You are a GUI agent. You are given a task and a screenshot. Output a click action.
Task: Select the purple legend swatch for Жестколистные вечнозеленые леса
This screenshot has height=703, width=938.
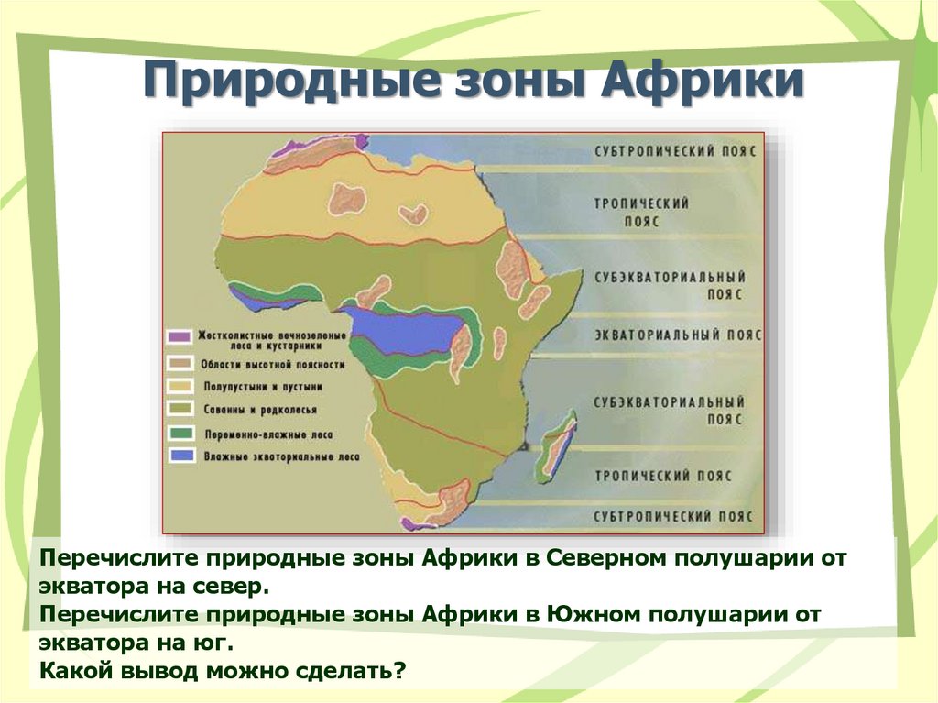179,336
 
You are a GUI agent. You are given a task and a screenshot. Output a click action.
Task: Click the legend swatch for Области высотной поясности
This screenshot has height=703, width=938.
179,363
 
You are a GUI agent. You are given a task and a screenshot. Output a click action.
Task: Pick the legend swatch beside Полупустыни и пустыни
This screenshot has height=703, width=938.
180,386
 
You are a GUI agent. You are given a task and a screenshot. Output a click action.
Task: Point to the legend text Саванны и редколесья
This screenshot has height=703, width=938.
259,411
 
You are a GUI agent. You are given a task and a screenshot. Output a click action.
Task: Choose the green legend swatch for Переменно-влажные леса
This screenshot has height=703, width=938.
181,433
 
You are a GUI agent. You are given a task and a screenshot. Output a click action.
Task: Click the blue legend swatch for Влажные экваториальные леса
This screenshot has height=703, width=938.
182,456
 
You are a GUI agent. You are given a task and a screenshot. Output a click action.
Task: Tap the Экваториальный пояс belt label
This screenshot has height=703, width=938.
678,335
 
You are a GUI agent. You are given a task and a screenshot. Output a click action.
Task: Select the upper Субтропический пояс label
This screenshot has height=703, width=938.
675,150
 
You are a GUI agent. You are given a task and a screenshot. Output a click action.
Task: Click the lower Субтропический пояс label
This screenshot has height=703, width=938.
673,516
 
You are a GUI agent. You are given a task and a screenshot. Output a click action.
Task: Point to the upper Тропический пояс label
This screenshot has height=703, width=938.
641,212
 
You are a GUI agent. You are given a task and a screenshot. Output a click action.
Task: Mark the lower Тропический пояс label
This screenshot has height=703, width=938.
663,476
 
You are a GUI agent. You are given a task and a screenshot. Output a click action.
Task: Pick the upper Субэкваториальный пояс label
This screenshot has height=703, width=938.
670,286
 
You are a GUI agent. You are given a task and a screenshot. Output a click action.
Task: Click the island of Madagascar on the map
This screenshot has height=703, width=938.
556,445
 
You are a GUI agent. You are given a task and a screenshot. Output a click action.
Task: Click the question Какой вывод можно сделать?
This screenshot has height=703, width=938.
223,670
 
